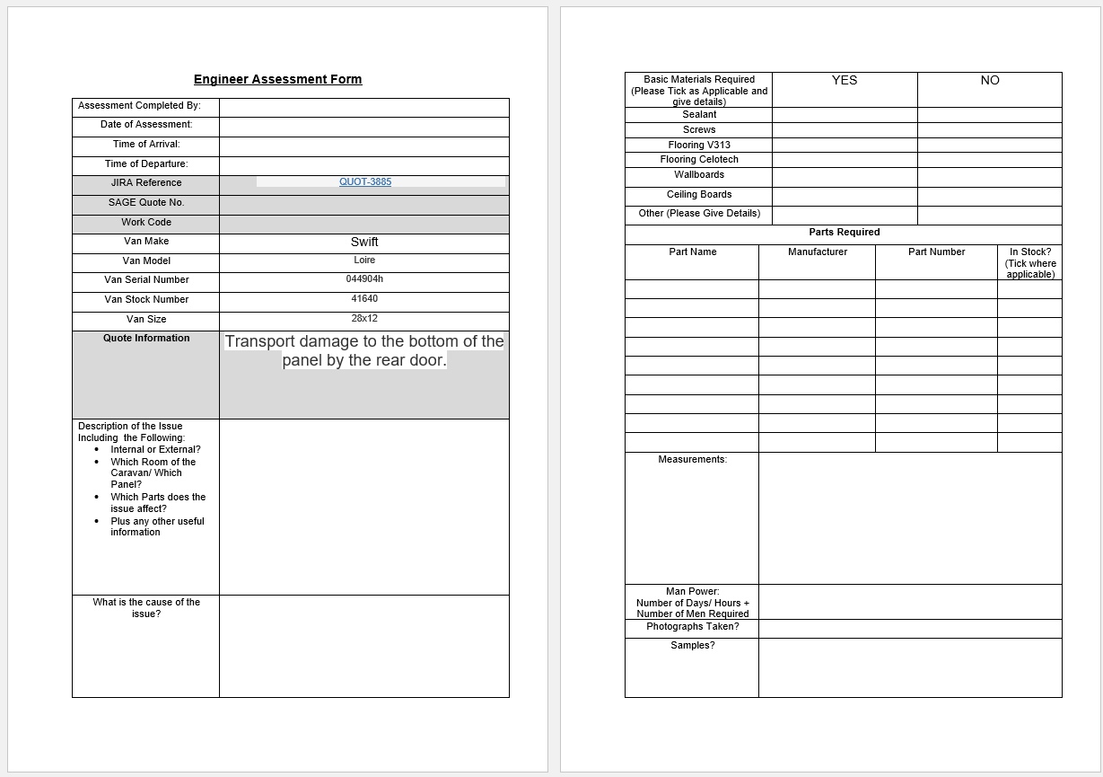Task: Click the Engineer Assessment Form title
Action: coord(277,79)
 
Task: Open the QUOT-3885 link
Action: coord(365,181)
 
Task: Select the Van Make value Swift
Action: coord(364,242)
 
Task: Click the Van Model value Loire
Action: coord(364,260)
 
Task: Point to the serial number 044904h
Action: coord(364,278)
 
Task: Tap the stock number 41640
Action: coord(364,298)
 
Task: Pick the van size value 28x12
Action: coord(364,318)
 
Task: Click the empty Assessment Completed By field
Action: coord(363,107)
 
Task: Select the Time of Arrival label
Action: coord(146,144)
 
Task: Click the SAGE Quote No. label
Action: coord(146,202)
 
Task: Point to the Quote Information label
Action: coord(146,338)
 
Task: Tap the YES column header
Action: coord(845,80)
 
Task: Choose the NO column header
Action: coord(990,80)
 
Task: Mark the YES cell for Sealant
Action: coord(845,115)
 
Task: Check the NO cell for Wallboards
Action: coord(990,176)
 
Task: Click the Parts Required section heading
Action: coord(845,232)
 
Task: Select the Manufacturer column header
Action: coord(818,252)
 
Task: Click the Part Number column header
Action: coord(936,252)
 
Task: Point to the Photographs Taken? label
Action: coord(693,626)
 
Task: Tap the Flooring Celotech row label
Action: coord(699,159)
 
